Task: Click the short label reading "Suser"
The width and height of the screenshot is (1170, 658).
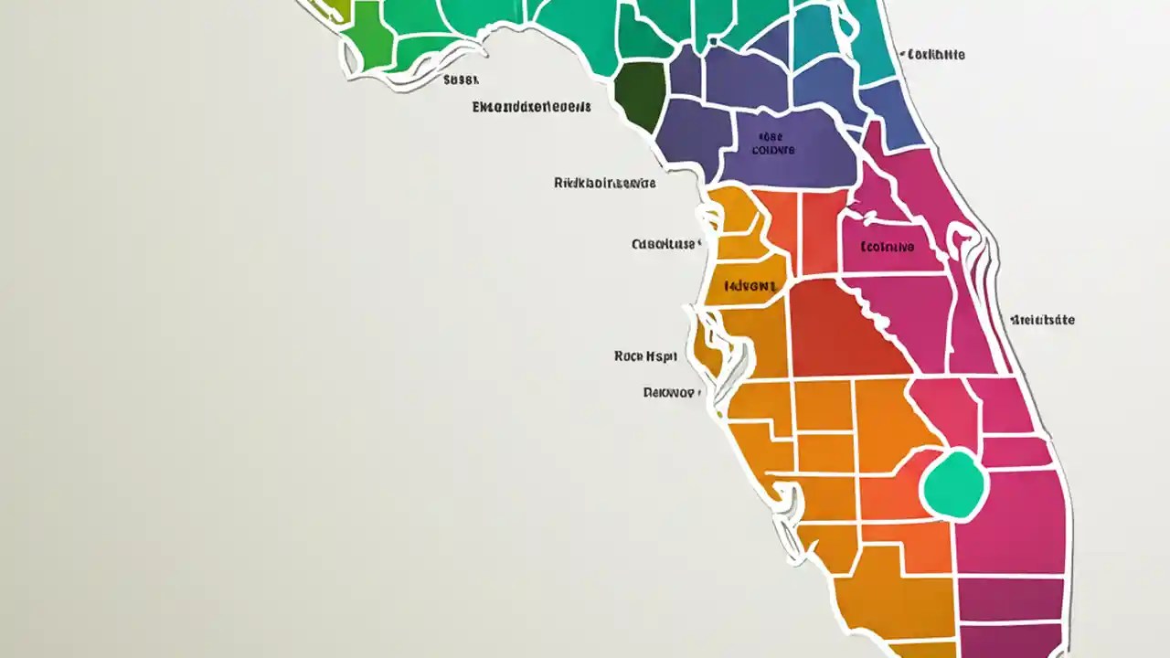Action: click(x=461, y=80)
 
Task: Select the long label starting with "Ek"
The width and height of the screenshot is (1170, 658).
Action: click(x=531, y=107)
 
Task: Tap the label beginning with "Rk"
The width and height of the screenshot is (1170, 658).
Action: click(x=604, y=183)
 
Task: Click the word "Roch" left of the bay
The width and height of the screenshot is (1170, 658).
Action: click(x=629, y=356)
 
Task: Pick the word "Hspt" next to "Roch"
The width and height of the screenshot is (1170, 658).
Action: click(x=668, y=356)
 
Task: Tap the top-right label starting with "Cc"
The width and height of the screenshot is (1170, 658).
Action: click(x=935, y=55)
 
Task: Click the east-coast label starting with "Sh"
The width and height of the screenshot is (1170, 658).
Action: click(x=1042, y=321)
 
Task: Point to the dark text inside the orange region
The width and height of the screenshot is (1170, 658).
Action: click(x=750, y=286)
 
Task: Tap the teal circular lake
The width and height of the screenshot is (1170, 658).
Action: click(x=955, y=484)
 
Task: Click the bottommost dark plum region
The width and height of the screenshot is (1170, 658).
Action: click(x=1010, y=640)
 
